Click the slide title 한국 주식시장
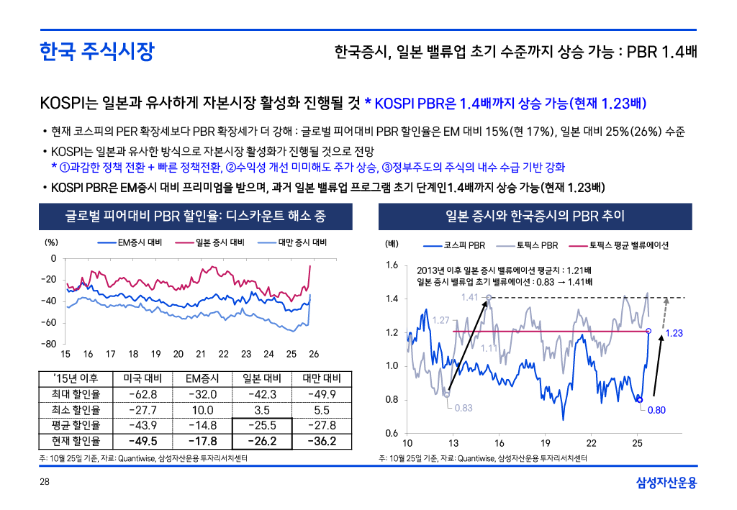point(96,52)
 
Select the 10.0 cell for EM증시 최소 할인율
point(202,409)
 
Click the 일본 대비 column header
point(262,378)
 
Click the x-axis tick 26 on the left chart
point(313,355)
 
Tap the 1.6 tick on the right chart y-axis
point(392,265)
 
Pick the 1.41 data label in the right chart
point(469,296)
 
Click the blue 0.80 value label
point(656,411)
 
